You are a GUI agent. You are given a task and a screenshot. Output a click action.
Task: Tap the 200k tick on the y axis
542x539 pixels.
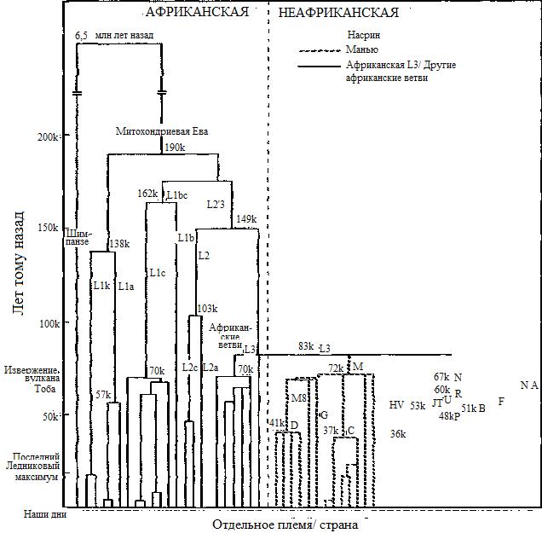click(x=48, y=136)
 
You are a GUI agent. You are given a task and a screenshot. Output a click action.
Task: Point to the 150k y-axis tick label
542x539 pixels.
click(x=48, y=228)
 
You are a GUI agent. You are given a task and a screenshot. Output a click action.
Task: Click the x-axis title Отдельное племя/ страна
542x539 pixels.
click(x=285, y=524)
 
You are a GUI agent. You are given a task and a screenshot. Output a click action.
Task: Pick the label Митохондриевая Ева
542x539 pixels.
click(x=162, y=131)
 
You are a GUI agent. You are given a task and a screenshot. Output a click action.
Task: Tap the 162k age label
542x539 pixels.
click(x=147, y=194)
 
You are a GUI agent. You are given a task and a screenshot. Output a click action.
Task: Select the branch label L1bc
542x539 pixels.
click(x=177, y=195)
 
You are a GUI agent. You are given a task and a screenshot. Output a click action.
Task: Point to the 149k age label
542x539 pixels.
click(x=246, y=219)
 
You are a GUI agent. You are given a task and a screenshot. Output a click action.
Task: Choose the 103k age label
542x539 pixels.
click(x=208, y=309)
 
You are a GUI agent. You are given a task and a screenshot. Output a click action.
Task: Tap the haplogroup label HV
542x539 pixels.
click(x=396, y=405)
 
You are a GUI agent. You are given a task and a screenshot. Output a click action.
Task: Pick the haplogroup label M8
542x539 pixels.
click(x=298, y=398)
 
